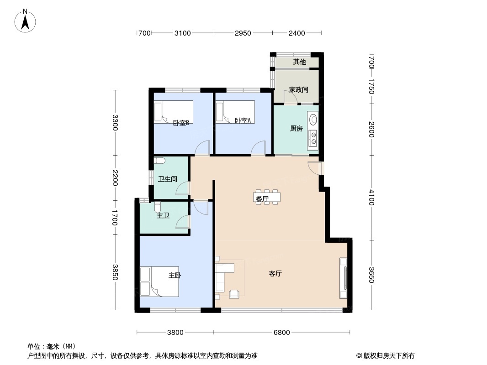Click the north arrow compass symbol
point(25,21)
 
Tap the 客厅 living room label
point(275,273)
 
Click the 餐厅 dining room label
point(262,199)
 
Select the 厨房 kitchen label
point(296,128)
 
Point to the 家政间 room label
point(298,90)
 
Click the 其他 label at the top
point(300,62)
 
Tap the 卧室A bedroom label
point(243,121)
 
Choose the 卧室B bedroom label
point(181,123)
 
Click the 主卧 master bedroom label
point(175,275)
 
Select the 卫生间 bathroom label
point(167,179)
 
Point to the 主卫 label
point(163,215)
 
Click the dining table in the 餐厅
point(267,197)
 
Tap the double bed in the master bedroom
point(159,282)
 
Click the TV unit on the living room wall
point(343,278)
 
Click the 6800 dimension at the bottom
point(282,333)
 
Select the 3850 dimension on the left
point(115,272)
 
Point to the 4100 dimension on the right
point(371,197)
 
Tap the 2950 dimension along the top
point(243,33)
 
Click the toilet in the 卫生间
point(159,161)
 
